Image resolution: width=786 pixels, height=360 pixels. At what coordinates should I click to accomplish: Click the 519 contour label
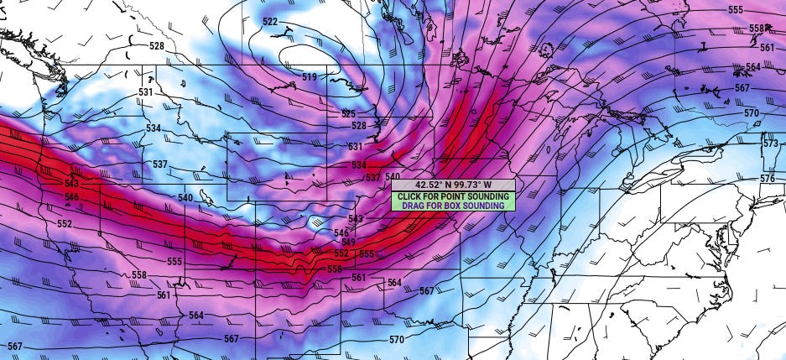(x=310, y=77)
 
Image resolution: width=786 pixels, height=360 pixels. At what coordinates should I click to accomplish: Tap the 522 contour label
(x=270, y=21)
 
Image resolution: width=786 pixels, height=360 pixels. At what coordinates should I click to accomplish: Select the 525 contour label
(x=348, y=113)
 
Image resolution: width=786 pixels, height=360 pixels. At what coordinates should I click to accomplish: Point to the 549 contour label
(x=349, y=243)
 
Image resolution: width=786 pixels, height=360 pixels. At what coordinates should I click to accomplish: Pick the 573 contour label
(x=770, y=143)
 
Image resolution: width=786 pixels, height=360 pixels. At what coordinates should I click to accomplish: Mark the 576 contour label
(x=768, y=179)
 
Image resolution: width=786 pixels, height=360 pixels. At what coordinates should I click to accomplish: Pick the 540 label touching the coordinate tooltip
(x=393, y=177)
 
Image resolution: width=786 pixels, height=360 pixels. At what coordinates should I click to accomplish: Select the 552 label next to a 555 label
(x=341, y=253)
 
